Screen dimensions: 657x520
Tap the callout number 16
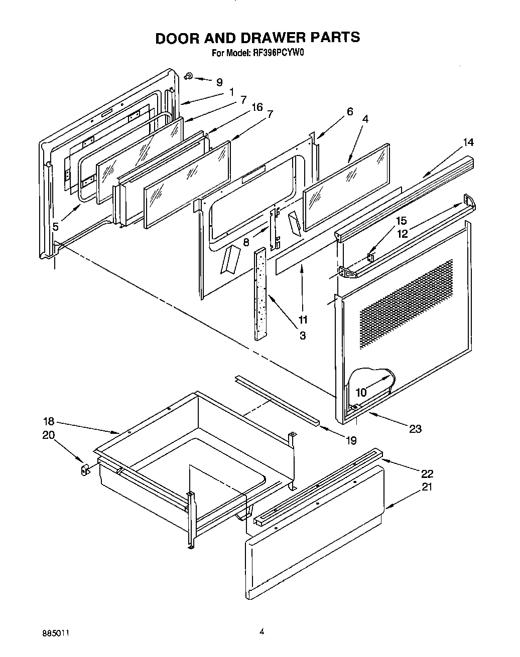tap(257, 107)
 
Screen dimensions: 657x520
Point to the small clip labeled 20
tap(85, 469)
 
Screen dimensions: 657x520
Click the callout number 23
tap(415, 428)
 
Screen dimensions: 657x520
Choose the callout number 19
tap(350, 440)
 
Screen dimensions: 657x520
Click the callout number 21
tap(427, 486)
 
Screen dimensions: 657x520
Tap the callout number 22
tap(427, 473)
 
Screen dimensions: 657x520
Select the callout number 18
tap(48, 422)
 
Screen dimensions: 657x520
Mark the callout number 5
tap(56, 227)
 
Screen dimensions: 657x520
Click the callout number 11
tap(303, 319)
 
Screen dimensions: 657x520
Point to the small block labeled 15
tap(370, 257)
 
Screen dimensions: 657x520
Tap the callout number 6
tap(349, 111)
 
